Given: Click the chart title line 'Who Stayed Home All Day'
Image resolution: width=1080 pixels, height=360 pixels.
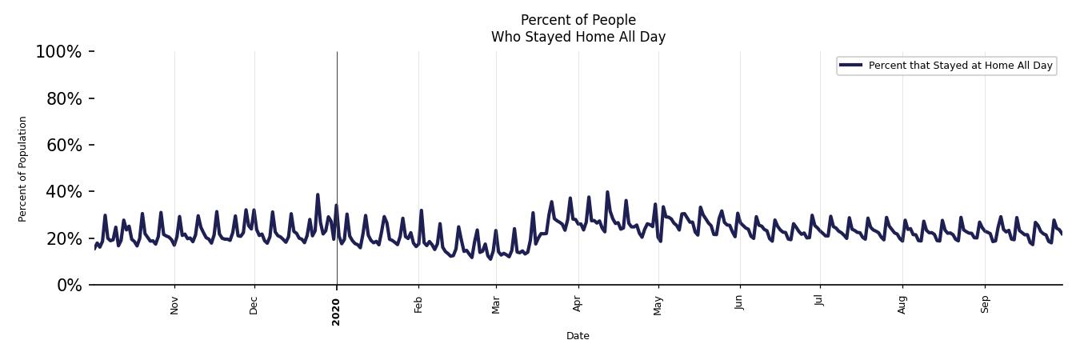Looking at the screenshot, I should (578, 37).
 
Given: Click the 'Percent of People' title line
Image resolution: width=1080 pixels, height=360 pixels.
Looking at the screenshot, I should (578, 20).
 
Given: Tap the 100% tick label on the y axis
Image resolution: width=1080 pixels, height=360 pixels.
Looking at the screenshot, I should (58, 52).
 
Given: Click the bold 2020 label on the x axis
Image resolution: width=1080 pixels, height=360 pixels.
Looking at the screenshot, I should (336, 311).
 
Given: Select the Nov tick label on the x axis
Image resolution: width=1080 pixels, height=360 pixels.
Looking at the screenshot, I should (174, 305).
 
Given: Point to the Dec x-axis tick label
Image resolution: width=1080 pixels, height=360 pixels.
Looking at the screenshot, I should (254, 305).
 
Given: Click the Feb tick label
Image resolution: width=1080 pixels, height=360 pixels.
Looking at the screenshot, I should (418, 305).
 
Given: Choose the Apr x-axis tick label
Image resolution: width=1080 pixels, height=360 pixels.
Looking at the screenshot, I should (578, 305).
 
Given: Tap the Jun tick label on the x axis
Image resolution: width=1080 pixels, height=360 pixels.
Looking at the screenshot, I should (739, 304).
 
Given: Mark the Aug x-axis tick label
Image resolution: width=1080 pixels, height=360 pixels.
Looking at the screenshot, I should (902, 305).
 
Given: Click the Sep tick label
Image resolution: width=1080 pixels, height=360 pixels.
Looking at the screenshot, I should (985, 305).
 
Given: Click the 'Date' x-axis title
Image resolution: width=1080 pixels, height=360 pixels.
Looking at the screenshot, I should (578, 336).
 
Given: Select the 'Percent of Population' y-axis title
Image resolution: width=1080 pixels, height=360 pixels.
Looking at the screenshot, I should (23, 169).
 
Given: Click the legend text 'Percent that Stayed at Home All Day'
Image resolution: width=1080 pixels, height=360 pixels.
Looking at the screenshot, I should (960, 66).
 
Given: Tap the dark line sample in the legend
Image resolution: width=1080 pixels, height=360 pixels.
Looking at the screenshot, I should (851, 66).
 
